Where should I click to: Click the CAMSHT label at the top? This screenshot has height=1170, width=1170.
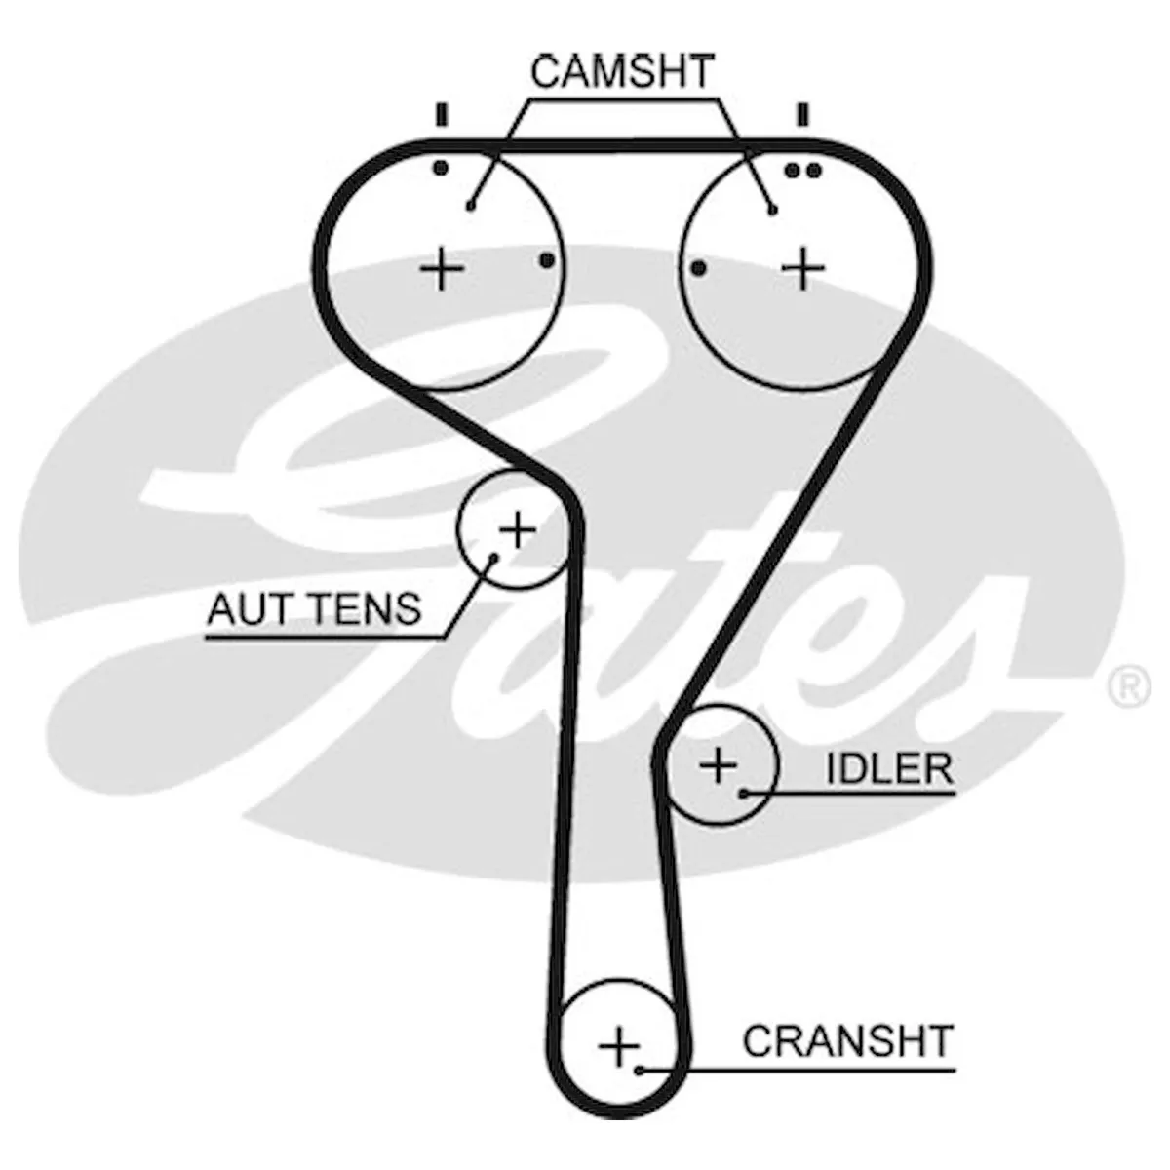coord(621,71)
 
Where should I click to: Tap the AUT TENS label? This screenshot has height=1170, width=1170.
coord(314,609)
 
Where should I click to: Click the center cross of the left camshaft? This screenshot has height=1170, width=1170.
coord(442,268)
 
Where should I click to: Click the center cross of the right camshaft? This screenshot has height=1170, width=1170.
coord(802,268)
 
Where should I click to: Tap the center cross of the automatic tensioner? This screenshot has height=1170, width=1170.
coord(518,530)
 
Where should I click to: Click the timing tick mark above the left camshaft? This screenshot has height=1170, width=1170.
coord(442,115)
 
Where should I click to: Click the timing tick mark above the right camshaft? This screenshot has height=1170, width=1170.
coord(802,115)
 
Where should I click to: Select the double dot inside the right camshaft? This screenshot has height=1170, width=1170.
coord(802,172)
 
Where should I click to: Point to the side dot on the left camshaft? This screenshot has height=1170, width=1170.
coord(546,260)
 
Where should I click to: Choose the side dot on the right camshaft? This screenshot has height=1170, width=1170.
coord(699,267)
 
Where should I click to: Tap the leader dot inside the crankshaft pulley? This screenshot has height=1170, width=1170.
coord(640,1071)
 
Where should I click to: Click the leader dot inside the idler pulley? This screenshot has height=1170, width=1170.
coord(742,793)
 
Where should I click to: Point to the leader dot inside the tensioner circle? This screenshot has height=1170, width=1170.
coord(494,556)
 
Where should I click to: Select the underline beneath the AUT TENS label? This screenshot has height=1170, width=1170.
coord(325,638)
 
